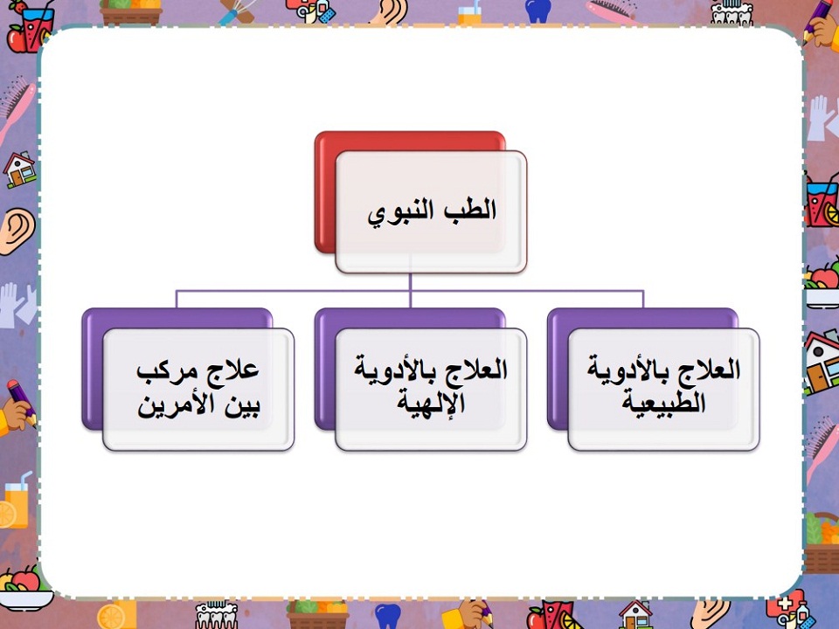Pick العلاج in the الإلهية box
(x=477, y=370)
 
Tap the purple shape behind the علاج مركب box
(x=93, y=367)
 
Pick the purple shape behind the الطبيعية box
(x=558, y=367)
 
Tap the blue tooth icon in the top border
(x=536, y=10)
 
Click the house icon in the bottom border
(x=634, y=613)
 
